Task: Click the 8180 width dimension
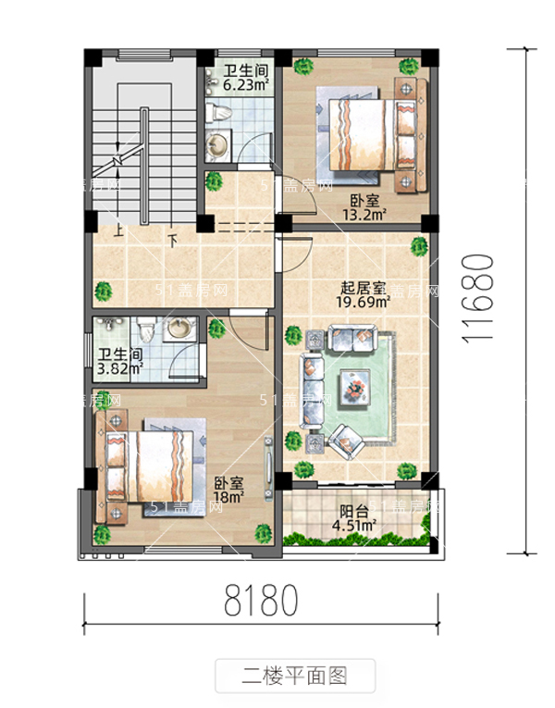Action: tap(261, 602)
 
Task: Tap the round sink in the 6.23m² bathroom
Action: tap(218, 144)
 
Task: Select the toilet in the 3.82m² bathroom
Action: tap(146, 330)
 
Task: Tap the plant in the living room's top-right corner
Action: tap(419, 246)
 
